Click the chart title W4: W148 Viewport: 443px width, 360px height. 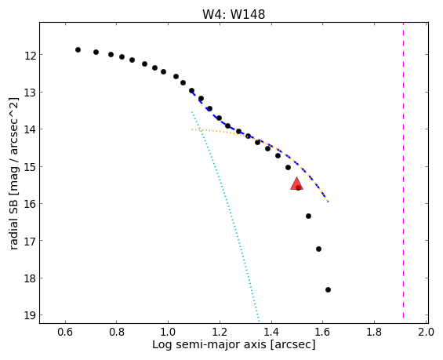234,14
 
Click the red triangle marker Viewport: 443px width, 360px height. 296,184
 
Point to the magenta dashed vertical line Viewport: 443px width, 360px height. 403,170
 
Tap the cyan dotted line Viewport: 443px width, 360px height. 226,216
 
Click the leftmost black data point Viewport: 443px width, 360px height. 78,49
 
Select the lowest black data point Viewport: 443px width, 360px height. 328,289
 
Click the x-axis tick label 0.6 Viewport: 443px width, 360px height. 65,332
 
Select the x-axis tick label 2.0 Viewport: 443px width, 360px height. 427,332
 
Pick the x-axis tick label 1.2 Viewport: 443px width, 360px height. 220,332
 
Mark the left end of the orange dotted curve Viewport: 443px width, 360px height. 192,129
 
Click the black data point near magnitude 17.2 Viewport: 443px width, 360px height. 318,249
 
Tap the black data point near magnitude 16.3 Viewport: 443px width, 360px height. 308,216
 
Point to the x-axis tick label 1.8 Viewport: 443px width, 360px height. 374,332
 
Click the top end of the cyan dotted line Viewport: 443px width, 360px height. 192,111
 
